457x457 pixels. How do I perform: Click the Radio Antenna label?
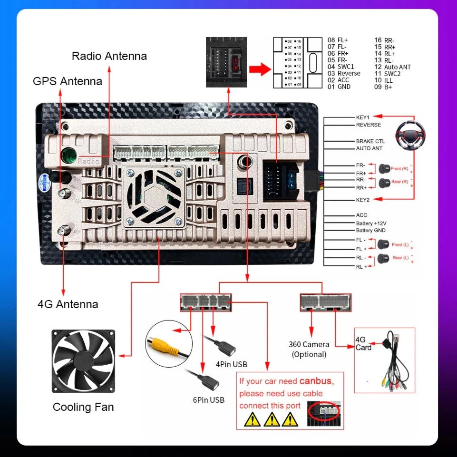point(109,56)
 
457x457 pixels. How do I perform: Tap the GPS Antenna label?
point(68,81)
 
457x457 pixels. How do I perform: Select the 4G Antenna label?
point(68,304)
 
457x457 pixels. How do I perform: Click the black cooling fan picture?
point(83,362)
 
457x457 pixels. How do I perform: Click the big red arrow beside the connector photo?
point(260,70)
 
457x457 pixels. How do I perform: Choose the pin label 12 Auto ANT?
point(392,67)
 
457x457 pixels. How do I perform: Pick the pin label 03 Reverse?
point(344,74)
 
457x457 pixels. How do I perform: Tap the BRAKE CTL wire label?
point(370,141)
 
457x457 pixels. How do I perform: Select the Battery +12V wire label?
point(371,223)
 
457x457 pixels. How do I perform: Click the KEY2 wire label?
point(363,200)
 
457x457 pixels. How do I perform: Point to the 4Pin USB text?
point(232,365)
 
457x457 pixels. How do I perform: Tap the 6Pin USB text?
point(209,400)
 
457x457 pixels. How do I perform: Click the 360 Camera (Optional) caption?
point(309,350)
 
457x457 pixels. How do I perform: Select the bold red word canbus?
point(316,381)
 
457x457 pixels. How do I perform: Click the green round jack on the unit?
point(69,154)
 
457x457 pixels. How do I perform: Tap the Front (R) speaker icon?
point(384,168)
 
